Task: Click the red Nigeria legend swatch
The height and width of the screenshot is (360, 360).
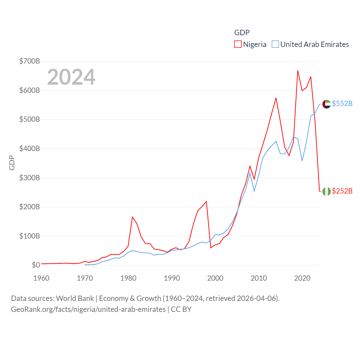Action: (x=238, y=44)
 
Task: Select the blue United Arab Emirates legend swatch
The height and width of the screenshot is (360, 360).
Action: (x=275, y=44)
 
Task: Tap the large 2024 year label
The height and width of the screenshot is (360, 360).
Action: (x=71, y=77)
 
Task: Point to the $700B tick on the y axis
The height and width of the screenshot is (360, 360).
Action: (x=30, y=61)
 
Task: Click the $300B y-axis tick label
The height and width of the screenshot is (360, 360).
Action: (x=30, y=178)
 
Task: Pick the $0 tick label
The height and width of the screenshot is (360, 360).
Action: (x=36, y=265)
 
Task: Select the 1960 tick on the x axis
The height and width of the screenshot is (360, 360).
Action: (x=41, y=278)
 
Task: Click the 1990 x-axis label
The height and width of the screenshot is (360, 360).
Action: (x=172, y=278)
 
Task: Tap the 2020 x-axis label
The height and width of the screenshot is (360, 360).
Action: (x=302, y=278)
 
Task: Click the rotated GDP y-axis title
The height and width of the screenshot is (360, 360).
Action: (x=12, y=163)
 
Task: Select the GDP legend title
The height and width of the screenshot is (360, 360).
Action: (x=242, y=33)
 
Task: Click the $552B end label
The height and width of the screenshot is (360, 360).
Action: (x=342, y=104)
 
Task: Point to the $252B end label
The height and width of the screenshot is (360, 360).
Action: (x=342, y=191)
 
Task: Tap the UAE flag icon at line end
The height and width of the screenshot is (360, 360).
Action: (x=327, y=104)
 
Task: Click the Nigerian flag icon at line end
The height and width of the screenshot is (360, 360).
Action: (x=327, y=192)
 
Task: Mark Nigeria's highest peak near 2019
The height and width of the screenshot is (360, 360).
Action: (x=298, y=71)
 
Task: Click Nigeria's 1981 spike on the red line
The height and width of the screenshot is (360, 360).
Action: (x=132, y=217)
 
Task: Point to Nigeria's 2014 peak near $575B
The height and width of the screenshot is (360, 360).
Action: (x=276, y=98)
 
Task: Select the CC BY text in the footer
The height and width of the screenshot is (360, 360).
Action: (x=181, y=309)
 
